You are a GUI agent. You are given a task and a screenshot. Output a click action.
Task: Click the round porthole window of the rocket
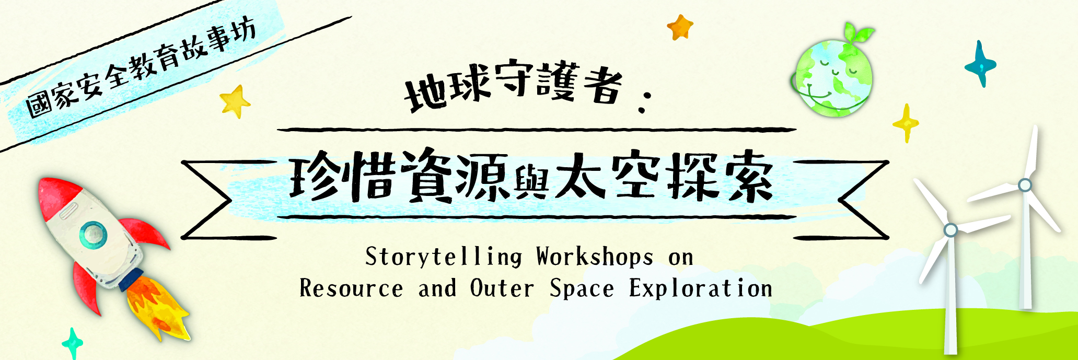93,235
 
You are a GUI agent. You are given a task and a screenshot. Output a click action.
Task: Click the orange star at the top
680,27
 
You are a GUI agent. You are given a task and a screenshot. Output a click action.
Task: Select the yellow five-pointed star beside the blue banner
235,101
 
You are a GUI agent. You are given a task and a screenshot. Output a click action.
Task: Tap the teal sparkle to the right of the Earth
980,64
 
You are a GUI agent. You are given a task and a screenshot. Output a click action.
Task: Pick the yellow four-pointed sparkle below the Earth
906,123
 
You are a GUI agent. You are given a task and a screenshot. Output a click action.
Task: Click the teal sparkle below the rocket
72,344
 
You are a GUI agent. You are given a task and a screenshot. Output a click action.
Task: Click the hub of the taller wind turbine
1025,185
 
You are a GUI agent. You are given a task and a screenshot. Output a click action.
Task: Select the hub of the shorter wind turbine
951,230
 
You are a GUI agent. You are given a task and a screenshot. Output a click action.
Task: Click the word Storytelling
444,257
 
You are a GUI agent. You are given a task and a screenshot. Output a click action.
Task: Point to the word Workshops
595,257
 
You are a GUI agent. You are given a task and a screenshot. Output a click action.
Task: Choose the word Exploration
701,288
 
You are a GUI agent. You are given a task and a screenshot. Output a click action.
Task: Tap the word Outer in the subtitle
502,288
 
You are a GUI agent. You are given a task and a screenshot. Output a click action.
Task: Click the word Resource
351,288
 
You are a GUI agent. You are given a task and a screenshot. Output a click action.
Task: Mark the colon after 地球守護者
643,101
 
